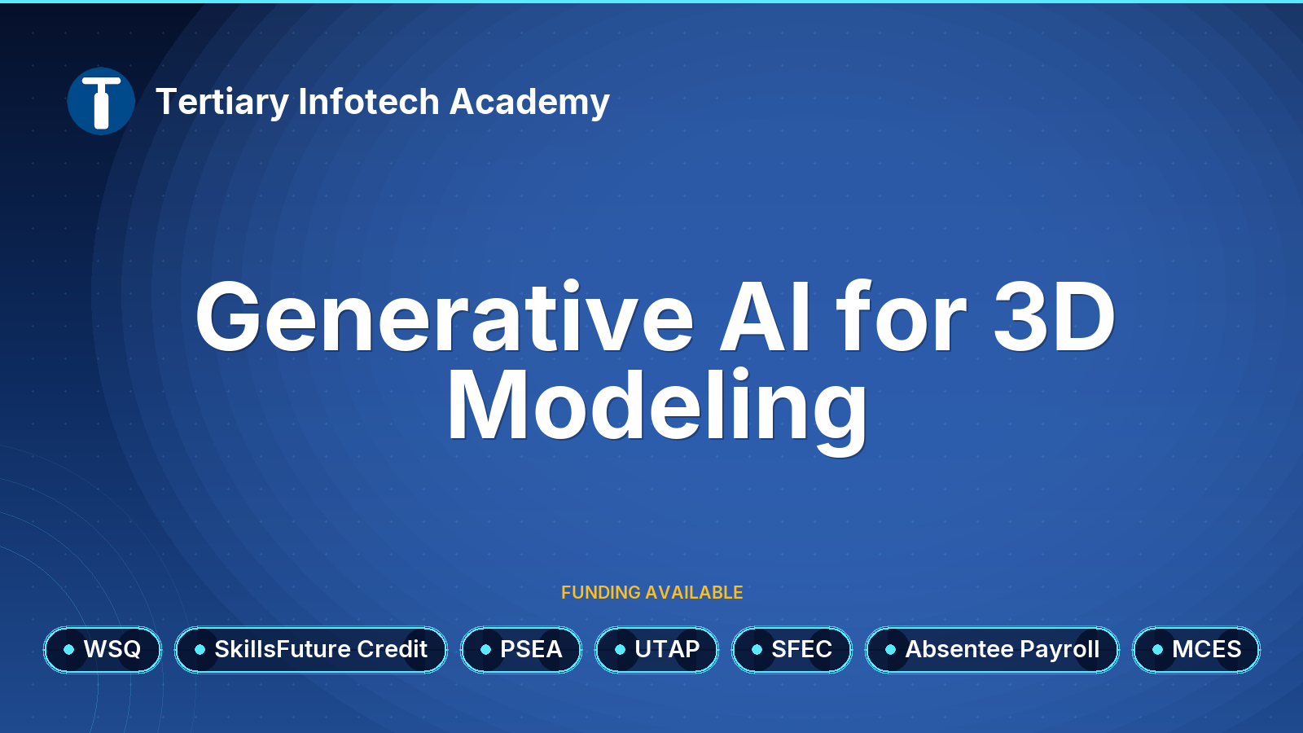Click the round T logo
pyautogui.click(x=101, y=101)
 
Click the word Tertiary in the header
pyautogui.click(x=223, y=103)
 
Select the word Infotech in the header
pyautogui.click(x=369, y=101)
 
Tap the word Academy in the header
pyautogui.click(x=529, y=103)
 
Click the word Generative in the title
pyautogui.click(x=445, y=317)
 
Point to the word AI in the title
pyautogui.click(x=765, y=317)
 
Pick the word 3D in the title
pyautogui.click(x=1054, y=317)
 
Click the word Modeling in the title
pyautogui.click(x=656, y=407)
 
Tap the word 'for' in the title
pyautogui.click(x=901, y=317)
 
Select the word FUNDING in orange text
pyautogui.click(x=601, y=592)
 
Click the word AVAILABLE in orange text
pyautogui.click(x=694, y=592)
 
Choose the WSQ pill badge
pyautogui.click(x=103, y=650)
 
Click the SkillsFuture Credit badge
pyautogui.click(x=311, y=650)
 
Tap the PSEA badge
pyautogui.click(x=521, y=650)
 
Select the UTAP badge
pyautogui.click(x=656, y=650)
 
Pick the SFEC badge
pyautogui.click(x=792, y=650)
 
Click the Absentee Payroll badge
pyautogui.click(x=993, y=650)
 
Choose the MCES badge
pyautogui.click(x=1196, y=650)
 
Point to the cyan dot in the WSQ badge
pyautogui.click(x=68, y=650)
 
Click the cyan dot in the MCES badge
pyautogui.click(x=1157, y=650)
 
